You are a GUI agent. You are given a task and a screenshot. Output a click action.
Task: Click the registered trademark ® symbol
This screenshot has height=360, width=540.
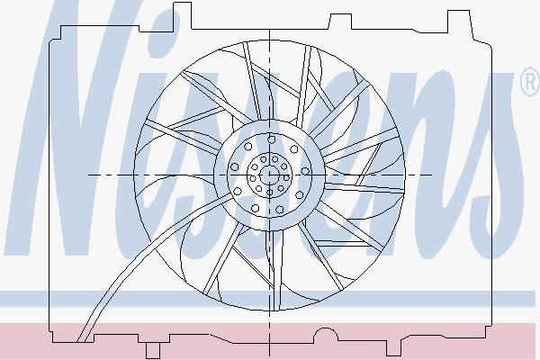[531, 82]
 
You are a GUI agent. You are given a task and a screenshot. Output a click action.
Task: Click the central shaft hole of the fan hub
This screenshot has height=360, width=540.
[269, 175]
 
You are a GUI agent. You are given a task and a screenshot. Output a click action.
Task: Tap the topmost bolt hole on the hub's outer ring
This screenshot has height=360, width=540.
[272, 139]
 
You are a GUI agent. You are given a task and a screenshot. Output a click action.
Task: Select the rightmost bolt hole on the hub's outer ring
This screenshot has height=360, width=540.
[305, 171]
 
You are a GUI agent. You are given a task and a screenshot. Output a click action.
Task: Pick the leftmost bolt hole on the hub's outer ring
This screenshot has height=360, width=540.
[235, 167]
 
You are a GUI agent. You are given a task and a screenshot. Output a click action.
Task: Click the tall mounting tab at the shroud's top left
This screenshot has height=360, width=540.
[182, 15]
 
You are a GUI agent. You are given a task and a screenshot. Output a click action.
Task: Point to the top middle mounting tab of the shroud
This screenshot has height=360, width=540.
[340, 22]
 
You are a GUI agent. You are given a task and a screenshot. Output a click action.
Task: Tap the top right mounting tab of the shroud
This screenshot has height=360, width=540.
[459, 22]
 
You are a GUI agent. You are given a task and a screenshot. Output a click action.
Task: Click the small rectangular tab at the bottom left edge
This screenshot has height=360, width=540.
[153, 351]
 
